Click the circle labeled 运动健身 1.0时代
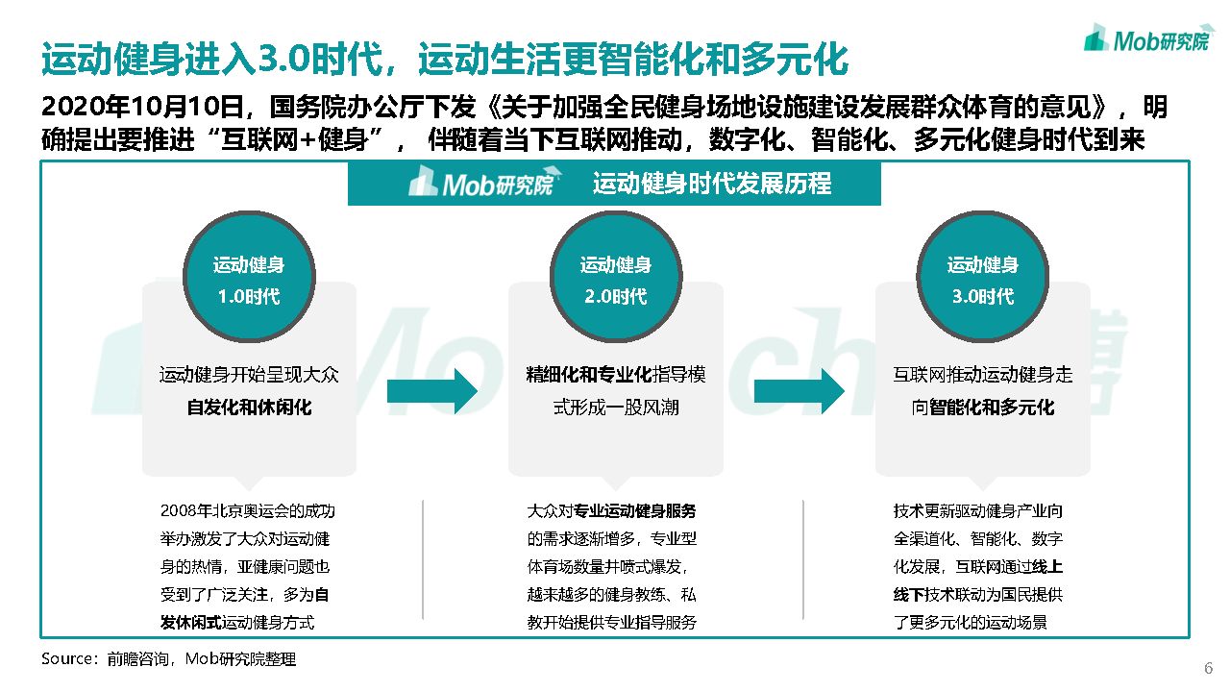coord(249,278)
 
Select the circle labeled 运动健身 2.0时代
coord(616,278)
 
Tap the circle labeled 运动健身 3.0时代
coord(982,278)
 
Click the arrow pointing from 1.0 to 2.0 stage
coord(432,390)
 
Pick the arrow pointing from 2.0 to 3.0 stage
coord(799,390)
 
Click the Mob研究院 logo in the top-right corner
coord(1148,38)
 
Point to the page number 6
coord(1208,668)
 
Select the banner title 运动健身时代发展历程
coord(712,184)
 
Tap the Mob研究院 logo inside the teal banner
coord(480,183)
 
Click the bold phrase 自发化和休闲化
coord(249,408)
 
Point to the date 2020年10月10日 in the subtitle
coord(137,106)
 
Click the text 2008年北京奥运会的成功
coord(248,511)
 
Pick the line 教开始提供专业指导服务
coord(611,622)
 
